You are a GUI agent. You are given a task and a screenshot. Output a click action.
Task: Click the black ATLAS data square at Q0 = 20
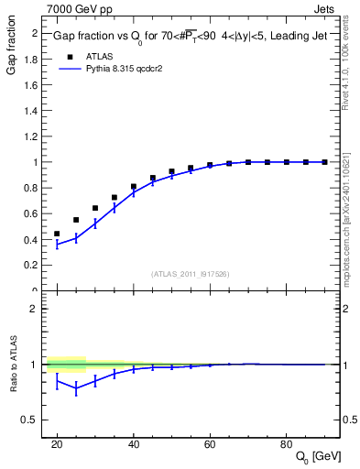[57, 234]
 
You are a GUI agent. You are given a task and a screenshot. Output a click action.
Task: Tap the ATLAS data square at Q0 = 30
[95, 208]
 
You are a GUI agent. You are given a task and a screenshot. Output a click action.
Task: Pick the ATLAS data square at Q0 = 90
[324, 162]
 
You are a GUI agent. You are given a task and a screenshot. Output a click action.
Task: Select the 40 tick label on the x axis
[133, 444]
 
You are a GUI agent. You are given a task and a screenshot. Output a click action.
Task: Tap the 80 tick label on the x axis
[286, 444]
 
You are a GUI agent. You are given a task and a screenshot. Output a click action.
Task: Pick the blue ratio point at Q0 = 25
[76, 387]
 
